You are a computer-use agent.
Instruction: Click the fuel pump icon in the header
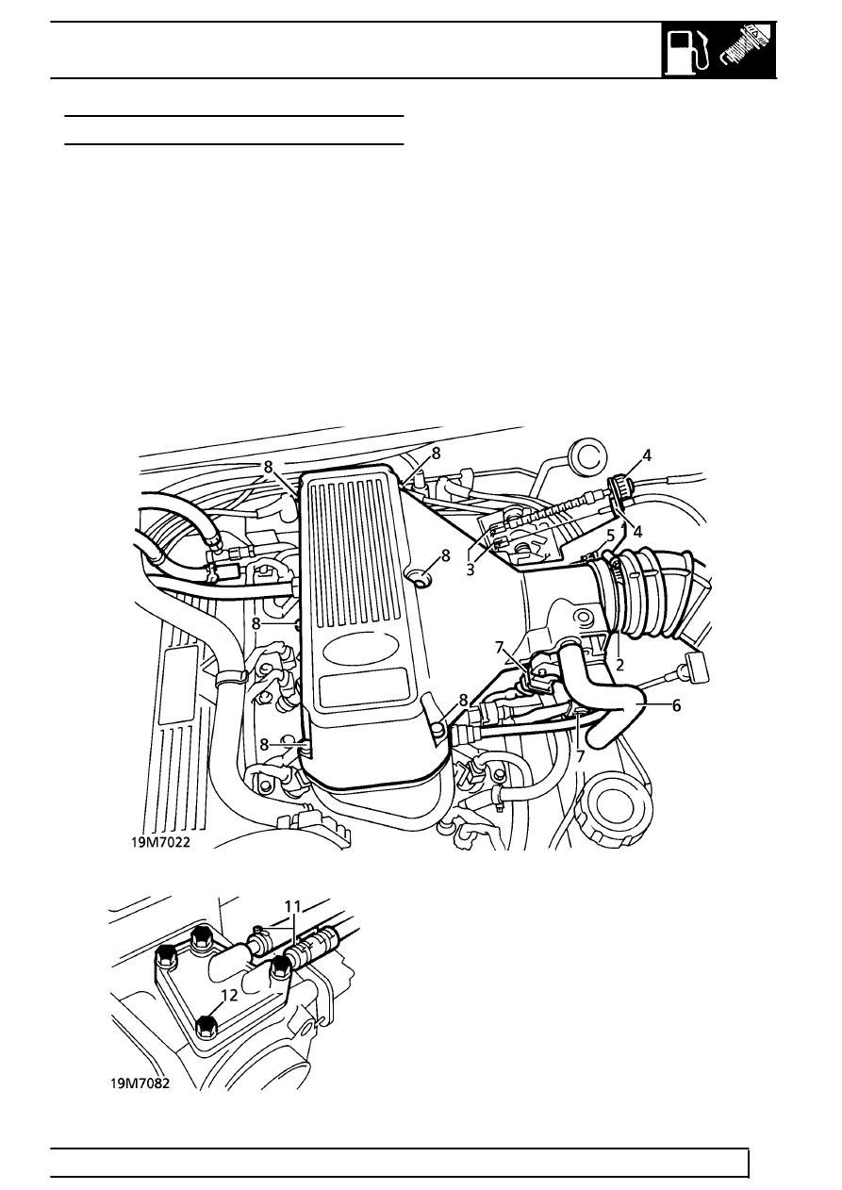coord(688,52)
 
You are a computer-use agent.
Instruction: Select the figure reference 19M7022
coord(160,843)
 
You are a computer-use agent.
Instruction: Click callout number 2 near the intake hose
coord(619,665)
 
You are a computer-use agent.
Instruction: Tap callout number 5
coord(611,536)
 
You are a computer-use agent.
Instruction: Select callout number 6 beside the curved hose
coord(676,706)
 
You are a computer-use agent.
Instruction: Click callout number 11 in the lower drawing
coord(292,906)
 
